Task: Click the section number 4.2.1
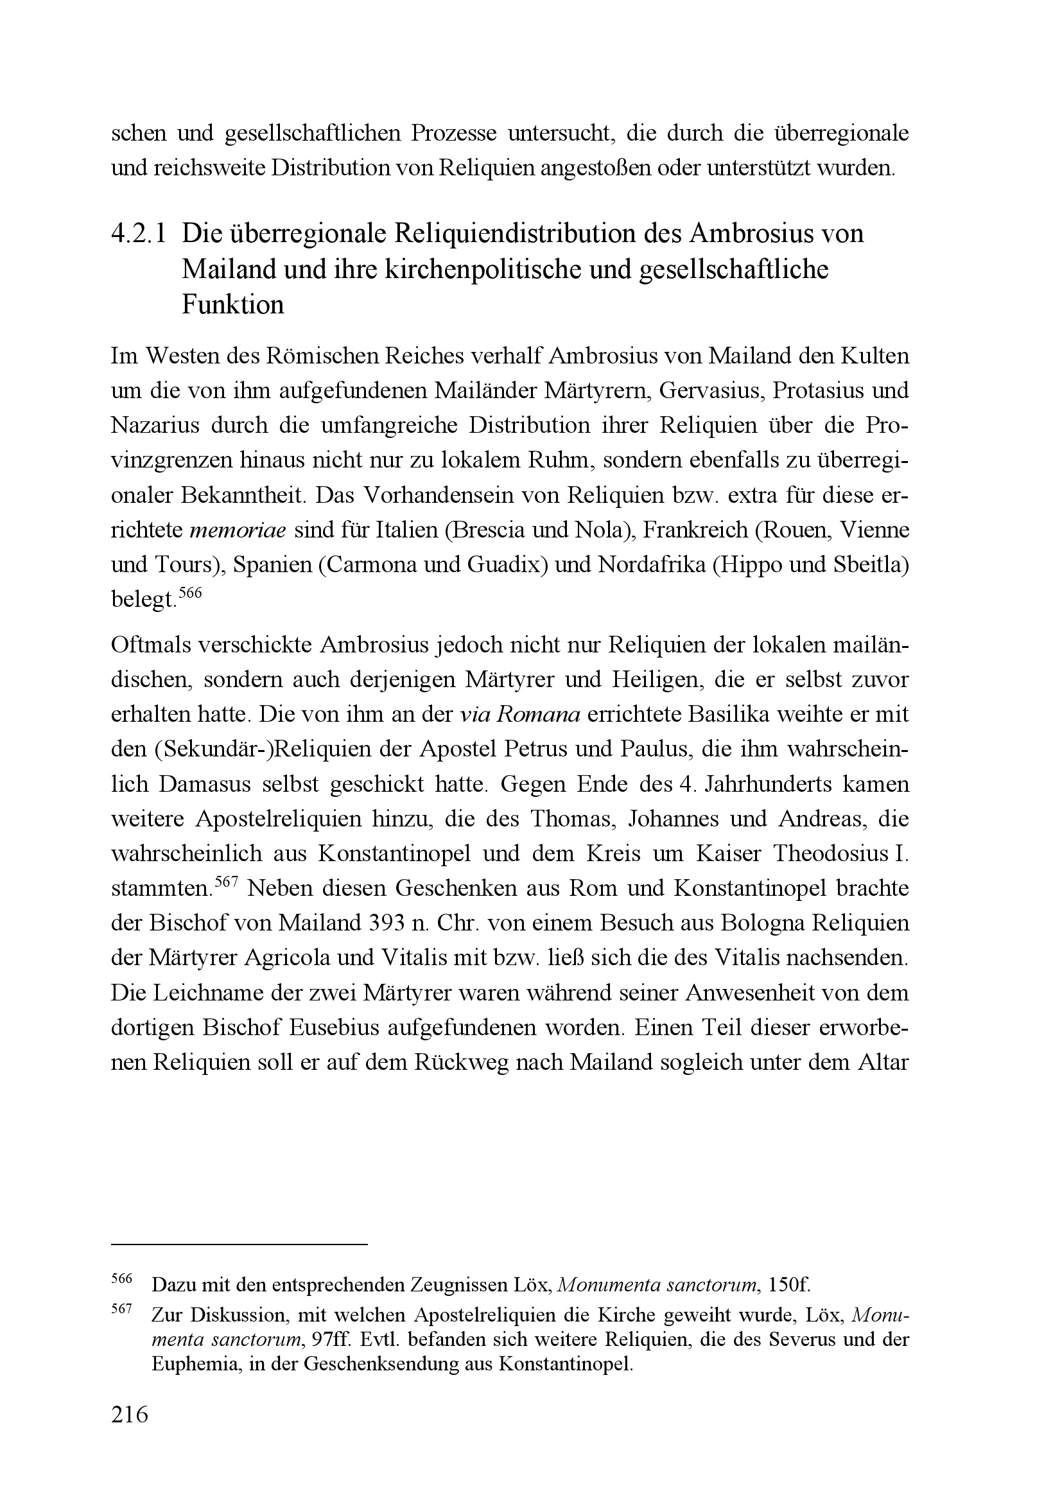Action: [139, 234]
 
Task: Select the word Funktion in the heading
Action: [233, 306]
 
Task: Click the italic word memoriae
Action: [238, 530]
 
